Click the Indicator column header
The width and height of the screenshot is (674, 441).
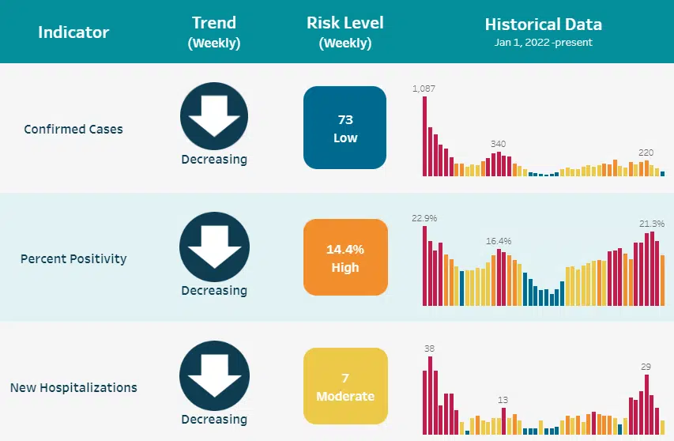pyautogui.click(x=73, y=32)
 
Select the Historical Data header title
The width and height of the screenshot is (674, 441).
pyautogui.click(x=544, y=24)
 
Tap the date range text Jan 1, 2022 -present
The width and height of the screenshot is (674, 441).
pyautogui.click(x=544, y=43)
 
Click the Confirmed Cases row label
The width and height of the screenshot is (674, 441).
pyautogui.click(x=73, y=129)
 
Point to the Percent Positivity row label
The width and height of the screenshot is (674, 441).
pyautogui.click(x=73, y=258)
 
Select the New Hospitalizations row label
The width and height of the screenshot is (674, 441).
pyautogui.click(x=73, y=387)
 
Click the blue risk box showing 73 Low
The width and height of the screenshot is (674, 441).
pyautogui.click(x=345, y=128)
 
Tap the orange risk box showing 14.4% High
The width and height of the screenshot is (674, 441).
pyautogui.click(x=345, y=258)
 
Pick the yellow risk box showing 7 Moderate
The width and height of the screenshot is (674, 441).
pyautogui.click(x=345, y=386)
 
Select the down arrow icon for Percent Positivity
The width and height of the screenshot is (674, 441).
pyautogui.click(x=214, y=247)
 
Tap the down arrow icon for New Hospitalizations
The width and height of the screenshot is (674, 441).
pyautogui.click(x=214, y=377)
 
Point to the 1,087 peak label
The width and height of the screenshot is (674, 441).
pyautogui.click(x=424, y=89)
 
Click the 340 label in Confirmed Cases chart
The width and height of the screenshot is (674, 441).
pyautogui.click(x=498, y=144)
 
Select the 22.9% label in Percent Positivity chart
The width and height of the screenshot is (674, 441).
pyautogui.click(x=424, y=218)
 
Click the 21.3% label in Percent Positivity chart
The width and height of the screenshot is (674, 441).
pyautogui.click(x=652, y=224)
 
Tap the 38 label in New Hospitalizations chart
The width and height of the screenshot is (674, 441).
pyautogui.click(x=429, y=348)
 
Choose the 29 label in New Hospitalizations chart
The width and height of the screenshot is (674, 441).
pyautogui.click(x=646, y=366)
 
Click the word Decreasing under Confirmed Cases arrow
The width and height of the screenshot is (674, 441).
pyautogui.click(x=214, y=160)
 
